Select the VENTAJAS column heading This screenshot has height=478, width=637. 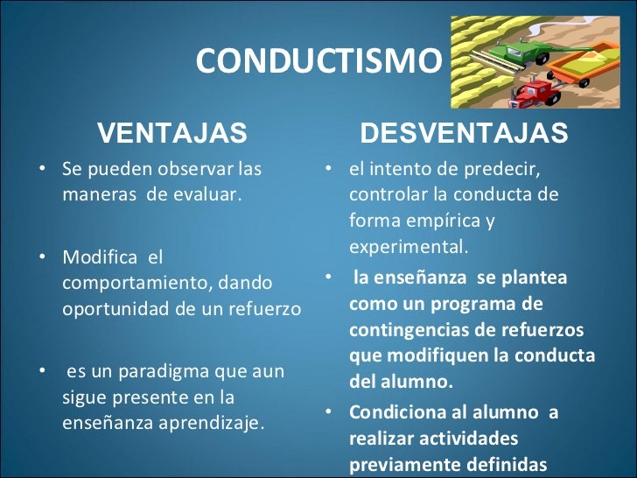click(x=171, y=133)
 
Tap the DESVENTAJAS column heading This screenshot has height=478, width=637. click(x=464, y=133)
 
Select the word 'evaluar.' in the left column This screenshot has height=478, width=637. click(x=210, y=193)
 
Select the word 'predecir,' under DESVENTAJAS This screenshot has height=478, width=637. click(x=504, y=168)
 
